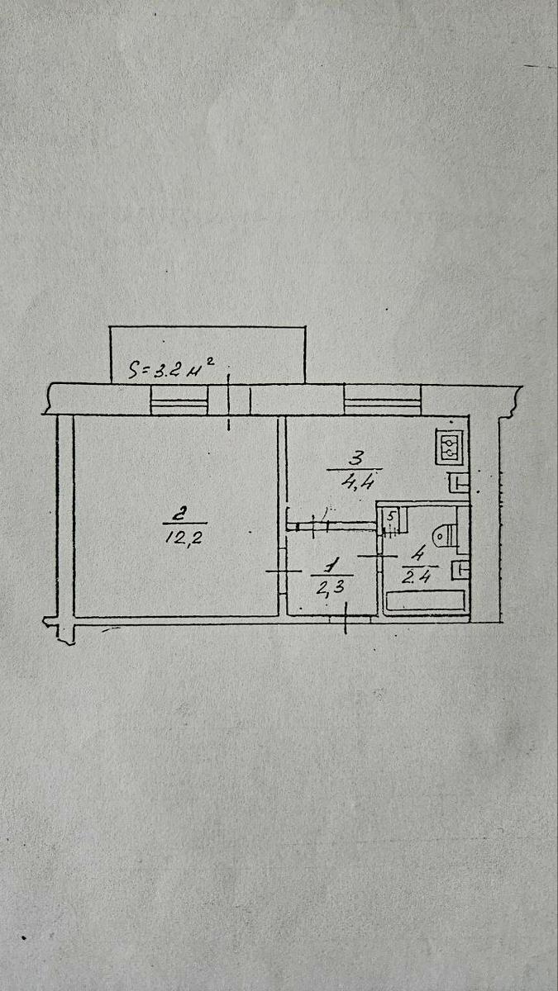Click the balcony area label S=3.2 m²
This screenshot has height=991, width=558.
coord(171,368)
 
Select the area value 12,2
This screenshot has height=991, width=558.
coord(184,538)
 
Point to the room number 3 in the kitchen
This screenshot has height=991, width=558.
coord(355,458)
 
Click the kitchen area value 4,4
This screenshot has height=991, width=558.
coord(358,480)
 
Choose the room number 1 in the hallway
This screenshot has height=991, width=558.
coord(331,566)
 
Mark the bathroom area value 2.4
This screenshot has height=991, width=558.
coord(417,576)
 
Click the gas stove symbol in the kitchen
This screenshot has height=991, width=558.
coord(451,447)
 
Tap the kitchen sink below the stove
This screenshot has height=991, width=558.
coord(458,482)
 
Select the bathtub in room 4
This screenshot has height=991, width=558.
coord(426,601)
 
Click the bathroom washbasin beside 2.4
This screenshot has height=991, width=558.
coord(460,571)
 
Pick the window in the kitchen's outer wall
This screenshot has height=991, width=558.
coord(383,400)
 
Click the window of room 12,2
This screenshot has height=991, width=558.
coord(179,400)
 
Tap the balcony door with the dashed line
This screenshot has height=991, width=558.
coord(229,401)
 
